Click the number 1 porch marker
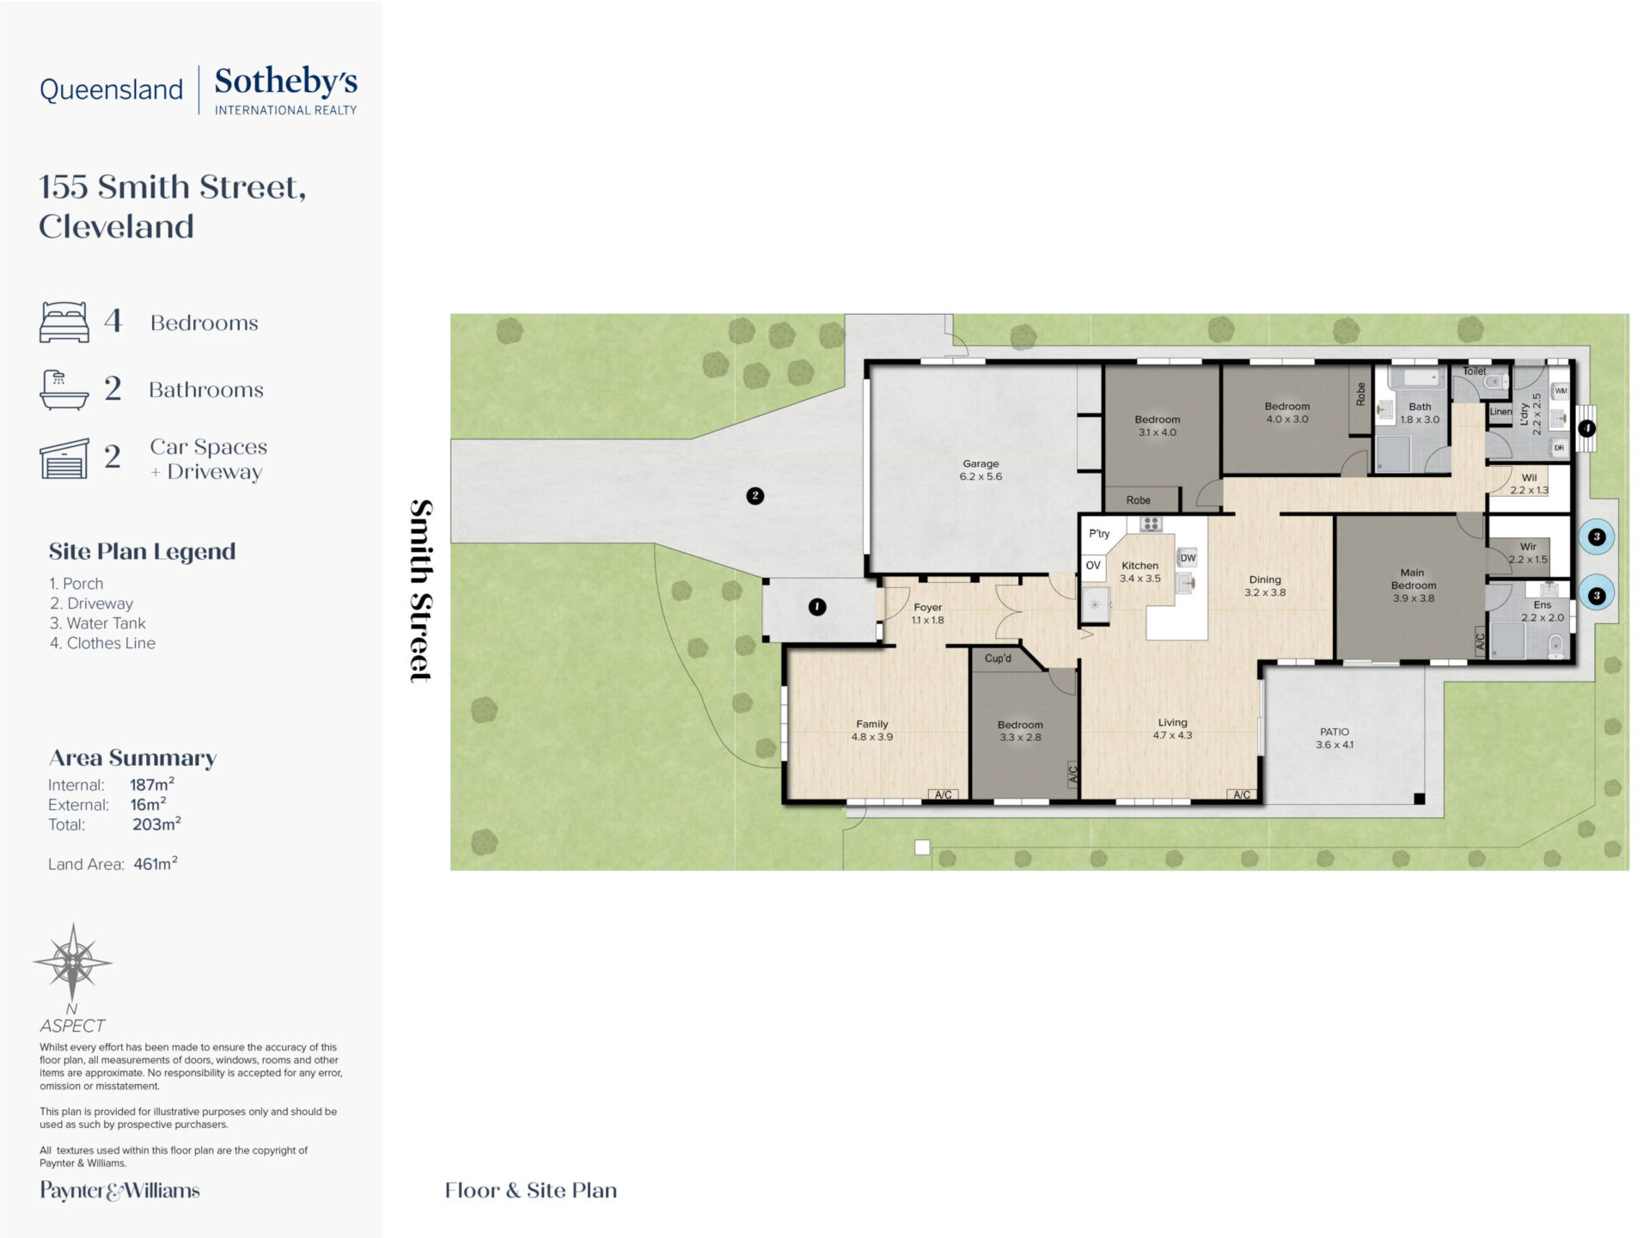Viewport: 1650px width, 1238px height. coord(817,607)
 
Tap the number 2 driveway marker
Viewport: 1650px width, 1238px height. coord(755,495)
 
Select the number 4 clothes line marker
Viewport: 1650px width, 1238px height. coord(1586,427)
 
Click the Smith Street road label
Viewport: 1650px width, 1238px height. coord(420,591)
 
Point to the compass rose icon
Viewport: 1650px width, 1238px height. coord(72,962)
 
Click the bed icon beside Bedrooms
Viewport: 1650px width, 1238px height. coord(64,322)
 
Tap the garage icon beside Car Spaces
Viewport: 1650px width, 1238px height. coord(64,458)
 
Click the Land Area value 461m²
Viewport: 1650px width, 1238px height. coord(156,863)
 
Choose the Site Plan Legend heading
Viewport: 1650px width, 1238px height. coord(142,551)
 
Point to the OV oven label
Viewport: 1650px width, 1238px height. coord(1093,566)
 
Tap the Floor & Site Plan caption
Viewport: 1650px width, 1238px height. coord(531,1190)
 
